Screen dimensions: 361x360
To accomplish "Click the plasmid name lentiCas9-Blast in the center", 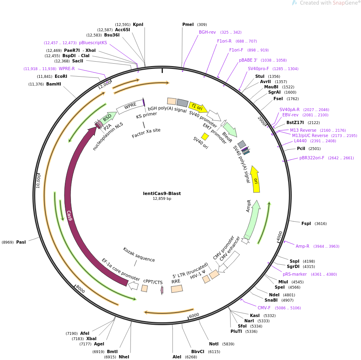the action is point(162,193).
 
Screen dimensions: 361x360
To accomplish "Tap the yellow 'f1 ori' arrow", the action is point(198,107).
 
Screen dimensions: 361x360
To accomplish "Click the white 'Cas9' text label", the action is point(69,215).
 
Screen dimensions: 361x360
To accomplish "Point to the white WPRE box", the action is point(130,106).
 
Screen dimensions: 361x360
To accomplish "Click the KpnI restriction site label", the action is point(138,24).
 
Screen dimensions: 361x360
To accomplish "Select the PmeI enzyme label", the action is point(188,24).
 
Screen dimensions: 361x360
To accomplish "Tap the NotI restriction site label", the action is point(214,344).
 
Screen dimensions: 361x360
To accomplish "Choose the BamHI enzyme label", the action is point(53,84).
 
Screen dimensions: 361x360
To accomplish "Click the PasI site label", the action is point(21,242).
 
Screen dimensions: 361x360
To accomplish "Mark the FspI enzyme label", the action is point(306,223).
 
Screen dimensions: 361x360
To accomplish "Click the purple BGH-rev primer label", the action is point(207,32).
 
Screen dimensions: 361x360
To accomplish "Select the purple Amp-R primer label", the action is point(302,246).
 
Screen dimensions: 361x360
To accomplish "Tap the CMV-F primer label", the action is point(264,308).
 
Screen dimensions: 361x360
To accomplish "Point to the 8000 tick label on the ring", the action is point(80,289).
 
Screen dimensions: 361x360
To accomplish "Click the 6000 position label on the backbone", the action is point(194,315).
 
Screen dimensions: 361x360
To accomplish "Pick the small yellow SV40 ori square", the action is point(205,136).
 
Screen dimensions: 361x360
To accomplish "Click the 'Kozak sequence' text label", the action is point(139,255).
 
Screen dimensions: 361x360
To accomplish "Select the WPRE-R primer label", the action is point(66,69).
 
